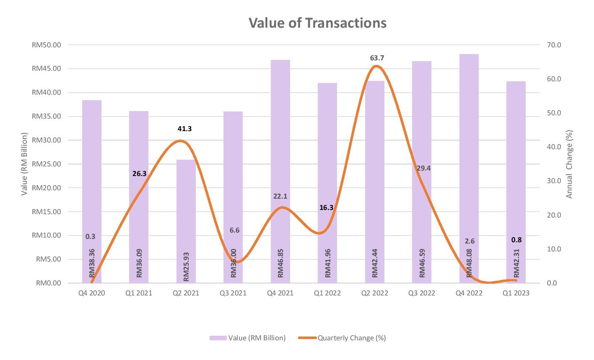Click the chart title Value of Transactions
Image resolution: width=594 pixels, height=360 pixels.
(317, 23)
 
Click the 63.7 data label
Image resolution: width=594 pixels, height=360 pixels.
(377, 58)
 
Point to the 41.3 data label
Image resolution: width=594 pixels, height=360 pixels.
(184, 129)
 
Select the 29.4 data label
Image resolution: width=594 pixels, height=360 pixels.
(423, 168)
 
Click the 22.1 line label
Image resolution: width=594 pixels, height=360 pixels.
(280, 196)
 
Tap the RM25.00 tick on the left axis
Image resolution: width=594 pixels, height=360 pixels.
(46, 164)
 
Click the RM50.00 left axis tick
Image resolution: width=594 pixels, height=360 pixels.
(46, 45)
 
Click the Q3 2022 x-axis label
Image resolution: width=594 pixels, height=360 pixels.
(422, 293)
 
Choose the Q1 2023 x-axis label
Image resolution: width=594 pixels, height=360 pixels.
(516, 293)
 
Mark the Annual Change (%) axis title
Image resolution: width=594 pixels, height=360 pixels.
(569, 164)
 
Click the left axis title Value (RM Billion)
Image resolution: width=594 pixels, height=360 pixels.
(24, 164)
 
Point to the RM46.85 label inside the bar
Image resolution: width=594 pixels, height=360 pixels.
(281, 263)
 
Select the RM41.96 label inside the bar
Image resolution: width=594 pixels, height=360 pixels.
(328, 263)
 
